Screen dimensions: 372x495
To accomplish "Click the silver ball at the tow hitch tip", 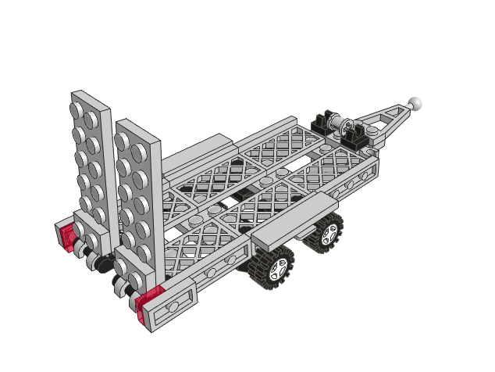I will click(x=416, y=102).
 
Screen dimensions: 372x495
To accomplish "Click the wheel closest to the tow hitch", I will click(x=326, y=233).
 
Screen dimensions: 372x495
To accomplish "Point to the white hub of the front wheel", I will click(x=328, y=234).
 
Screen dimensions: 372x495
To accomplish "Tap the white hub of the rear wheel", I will click(x=278, y=268).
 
